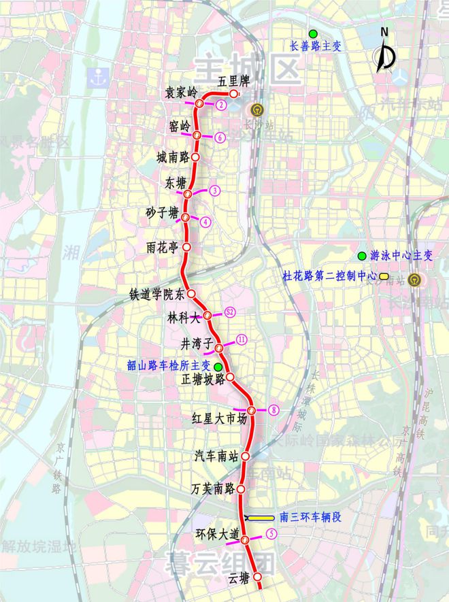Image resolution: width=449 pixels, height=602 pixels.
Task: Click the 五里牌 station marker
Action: click(x=233, y=94)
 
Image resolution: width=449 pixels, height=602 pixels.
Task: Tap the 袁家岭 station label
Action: click(x=180, y=92)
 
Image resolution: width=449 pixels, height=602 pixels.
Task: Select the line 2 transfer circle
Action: click(x=221, y=105)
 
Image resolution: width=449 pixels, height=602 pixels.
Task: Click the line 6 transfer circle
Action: click(x=220, y=137)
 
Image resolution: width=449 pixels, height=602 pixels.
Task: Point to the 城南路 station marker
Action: click(x=196, y=156)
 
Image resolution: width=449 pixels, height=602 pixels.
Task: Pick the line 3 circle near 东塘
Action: click(x=215, y=190)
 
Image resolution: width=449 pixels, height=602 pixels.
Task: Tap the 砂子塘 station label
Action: click(x=162, y=212)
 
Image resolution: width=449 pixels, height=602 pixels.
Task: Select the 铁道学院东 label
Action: click(x=157, y=295)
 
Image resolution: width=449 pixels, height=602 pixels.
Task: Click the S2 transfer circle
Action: click(x=230, y=312)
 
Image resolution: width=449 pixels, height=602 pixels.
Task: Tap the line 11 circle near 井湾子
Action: click(x=241, y=339)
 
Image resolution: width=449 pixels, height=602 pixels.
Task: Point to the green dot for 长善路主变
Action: click(x=313, y=34)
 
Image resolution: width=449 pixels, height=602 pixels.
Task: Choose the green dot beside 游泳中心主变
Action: click(x=362, y=256)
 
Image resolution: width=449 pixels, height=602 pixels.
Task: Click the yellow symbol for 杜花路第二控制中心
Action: click(x=384, y=277)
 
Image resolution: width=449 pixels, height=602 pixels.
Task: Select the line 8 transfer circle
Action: click(x=273, y=409)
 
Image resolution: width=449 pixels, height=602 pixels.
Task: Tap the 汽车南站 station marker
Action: click(x=246, y=456)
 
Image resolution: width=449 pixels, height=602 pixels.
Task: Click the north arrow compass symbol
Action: click(x=386, y=56)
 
